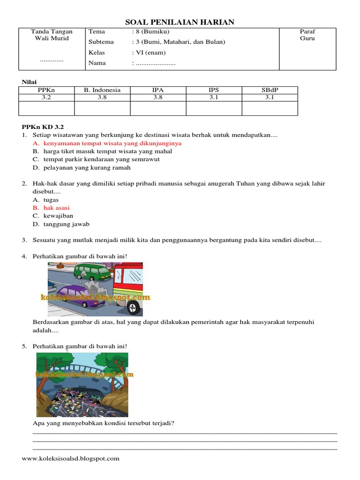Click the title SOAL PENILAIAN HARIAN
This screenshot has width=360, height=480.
click(180, 22)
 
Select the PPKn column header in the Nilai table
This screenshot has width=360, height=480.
click(46, 90)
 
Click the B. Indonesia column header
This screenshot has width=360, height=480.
click(102, 90)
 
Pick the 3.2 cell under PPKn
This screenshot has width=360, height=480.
click(46, 97)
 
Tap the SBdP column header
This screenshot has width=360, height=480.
click(270, 90)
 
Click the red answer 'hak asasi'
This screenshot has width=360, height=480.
click(56, 208)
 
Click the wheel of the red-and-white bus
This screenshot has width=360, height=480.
click(133, 307)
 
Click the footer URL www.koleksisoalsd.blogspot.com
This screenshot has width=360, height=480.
click(71, 458)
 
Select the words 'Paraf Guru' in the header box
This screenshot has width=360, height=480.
click(307, 35)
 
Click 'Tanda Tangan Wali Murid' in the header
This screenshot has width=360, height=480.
click(52, 35)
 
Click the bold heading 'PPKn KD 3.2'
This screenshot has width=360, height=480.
click(43, 127)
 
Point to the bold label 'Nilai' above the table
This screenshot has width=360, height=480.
click(30, 82)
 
